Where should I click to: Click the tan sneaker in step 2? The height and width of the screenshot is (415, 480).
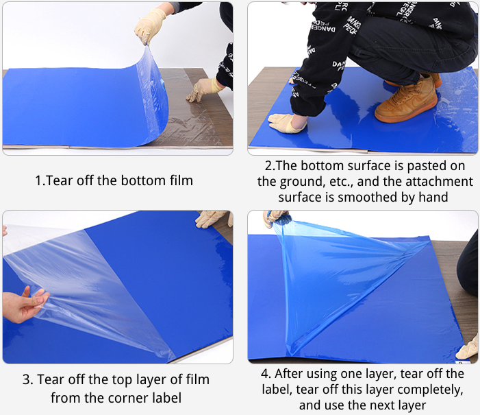point(407,98)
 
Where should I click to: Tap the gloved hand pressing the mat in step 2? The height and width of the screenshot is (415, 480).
point(287,123)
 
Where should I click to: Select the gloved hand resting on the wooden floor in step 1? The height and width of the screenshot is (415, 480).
point(204,89)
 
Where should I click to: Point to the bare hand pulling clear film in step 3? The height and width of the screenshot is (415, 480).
point(25,305)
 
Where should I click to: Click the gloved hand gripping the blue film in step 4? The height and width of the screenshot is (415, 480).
point(275,217)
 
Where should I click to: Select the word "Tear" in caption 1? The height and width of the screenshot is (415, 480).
point(60,180)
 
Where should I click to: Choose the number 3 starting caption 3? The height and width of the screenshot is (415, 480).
point(26,380)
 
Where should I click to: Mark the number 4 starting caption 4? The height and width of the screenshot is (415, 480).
point(265,374)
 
